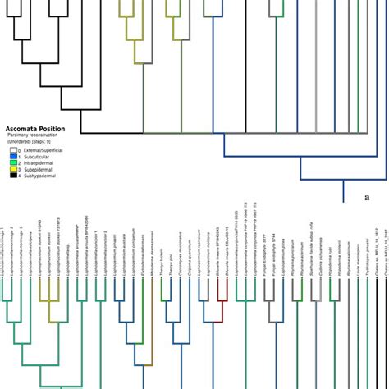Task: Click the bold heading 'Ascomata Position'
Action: click(35, 129)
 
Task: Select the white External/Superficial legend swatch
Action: click(13, 150)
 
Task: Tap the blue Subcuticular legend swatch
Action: click(13, 157)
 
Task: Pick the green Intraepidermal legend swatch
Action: click(13, 162)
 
